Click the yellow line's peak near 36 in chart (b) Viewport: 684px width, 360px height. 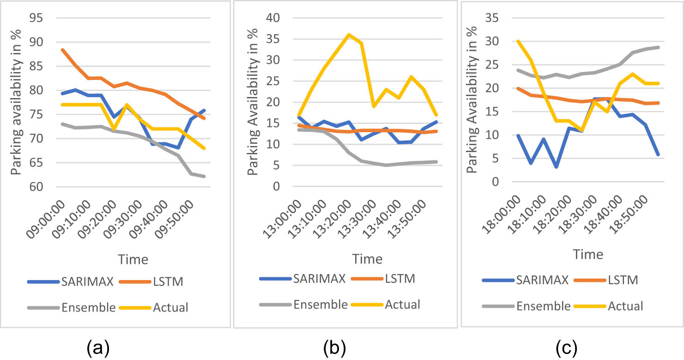349,35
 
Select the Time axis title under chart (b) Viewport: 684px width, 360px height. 368,259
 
